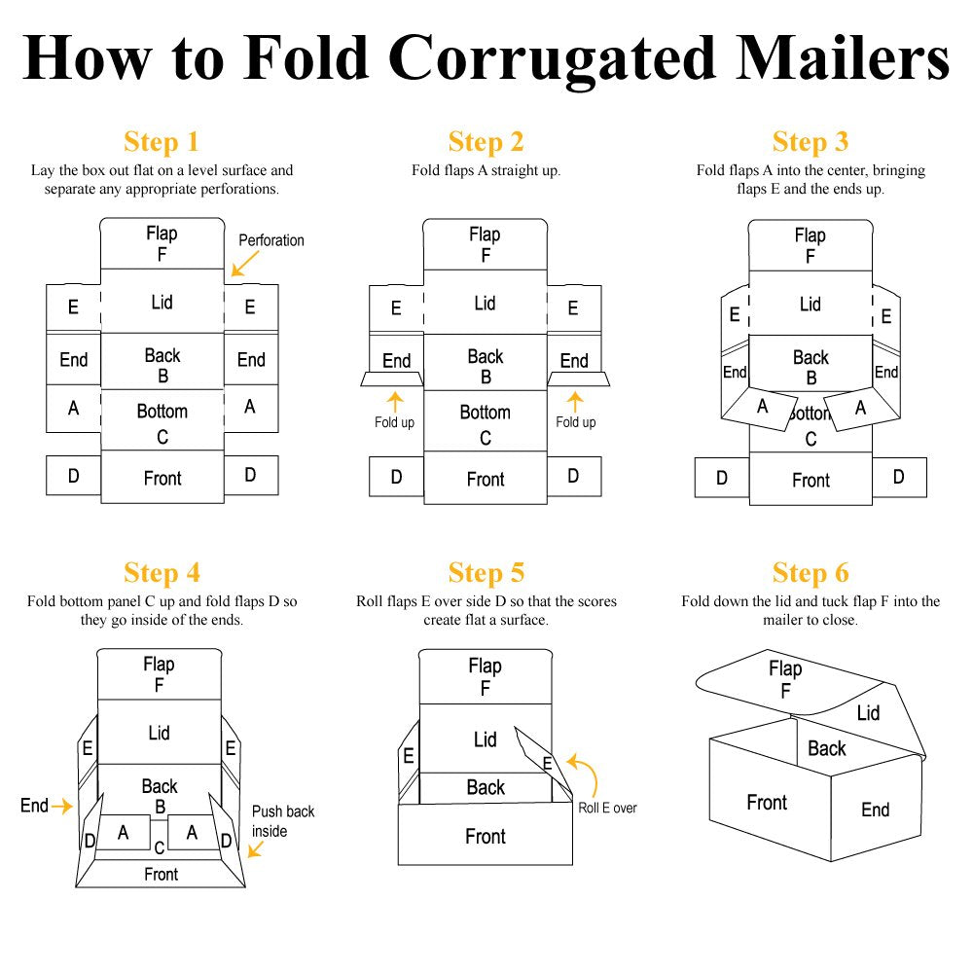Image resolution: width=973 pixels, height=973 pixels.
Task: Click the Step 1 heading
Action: (x=162, y=141)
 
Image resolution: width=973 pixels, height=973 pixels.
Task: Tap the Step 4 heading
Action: (x=162, y=572)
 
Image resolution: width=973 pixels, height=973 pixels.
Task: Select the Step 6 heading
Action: (x=811, y=572)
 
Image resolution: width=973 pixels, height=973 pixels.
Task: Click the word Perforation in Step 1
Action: (x=271, y=240)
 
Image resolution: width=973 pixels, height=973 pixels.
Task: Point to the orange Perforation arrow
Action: (x=244, y=264)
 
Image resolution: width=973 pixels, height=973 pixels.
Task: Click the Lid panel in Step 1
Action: (x=162, y=302)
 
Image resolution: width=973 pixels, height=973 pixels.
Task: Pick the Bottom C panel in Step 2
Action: (x=486, y=421)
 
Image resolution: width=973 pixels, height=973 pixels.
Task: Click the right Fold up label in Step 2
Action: (x=575, y=422)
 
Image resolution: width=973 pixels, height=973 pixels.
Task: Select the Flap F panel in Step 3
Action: (x=811, y=246)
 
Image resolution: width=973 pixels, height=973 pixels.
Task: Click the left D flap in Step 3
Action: (x=722, y=478)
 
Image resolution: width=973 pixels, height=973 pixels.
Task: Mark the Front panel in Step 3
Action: (x=811, y=479)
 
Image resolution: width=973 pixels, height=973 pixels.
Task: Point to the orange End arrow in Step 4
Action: (x=62, y=806)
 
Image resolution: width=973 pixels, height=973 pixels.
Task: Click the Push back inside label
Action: (x=283, y=821)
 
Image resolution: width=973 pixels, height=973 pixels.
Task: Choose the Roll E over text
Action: (x=607, y=808)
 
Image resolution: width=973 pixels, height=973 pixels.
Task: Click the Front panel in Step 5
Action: (x=486, y=835)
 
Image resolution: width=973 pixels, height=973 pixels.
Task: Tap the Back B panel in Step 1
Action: (x=162, y=362)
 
